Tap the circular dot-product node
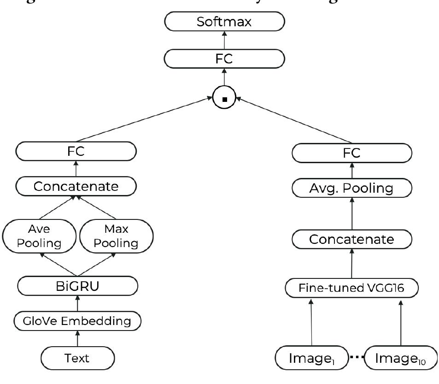click(224, 97)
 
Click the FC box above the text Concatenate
click(76, 151)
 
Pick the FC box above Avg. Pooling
click(351, 153)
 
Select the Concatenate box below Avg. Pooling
click(351, 239)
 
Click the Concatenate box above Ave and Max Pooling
click(76, 186)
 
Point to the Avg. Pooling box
click(351, 188)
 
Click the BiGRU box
click(77, 286)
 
